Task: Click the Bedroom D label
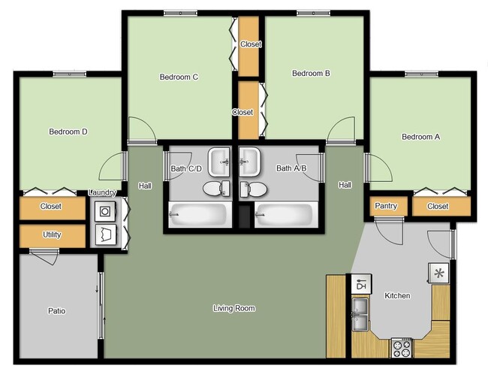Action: (x=68, y=132)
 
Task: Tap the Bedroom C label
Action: (x=179, y=77)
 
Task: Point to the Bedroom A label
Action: (x=421, y=137)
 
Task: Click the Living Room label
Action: (x=234, y=308)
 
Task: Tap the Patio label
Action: (x=57, y=310)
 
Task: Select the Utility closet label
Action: (x=52, y=235)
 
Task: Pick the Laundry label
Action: (x=103, y=193)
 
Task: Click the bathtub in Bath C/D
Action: (x=198, y=215)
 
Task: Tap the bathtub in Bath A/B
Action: (x=283, y=215)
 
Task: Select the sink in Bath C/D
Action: (x=219, y=159)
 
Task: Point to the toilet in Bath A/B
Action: (x=255, y=188)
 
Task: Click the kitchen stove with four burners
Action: (x=402, y=348)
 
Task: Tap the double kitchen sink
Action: (x=361, y=315)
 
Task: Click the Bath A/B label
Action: (x=291, y=168)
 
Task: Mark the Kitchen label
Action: (x=397, y=295)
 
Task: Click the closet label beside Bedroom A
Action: (x=438, y=206)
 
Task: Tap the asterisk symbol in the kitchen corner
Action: (x=438, y=272)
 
